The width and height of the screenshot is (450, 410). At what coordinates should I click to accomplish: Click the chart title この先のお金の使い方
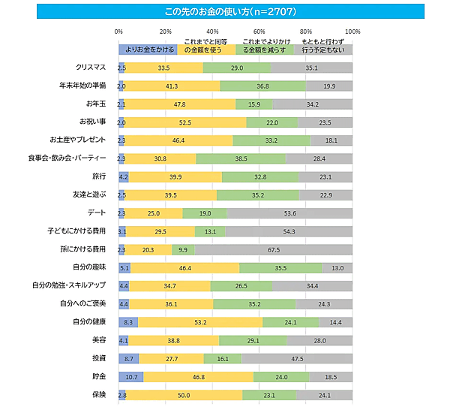[x=224, y=11]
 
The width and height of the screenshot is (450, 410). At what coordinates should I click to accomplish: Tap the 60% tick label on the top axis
[x=259, y=32]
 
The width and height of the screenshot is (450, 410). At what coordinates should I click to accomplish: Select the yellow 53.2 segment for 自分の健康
[x=200, y=321]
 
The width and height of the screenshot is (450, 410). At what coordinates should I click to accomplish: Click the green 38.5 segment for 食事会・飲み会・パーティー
[x=241, y=158]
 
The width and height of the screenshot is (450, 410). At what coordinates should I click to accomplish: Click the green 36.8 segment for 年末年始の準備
[x=262, y=86]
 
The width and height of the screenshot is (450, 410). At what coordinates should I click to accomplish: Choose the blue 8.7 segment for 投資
[x=129, y=358]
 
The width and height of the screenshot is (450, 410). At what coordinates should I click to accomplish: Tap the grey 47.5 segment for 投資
[x=297, y=358]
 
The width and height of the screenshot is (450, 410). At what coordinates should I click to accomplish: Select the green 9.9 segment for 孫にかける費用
[x=183, y=249]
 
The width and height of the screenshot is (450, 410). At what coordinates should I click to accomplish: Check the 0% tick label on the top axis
[x=118, y=32]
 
